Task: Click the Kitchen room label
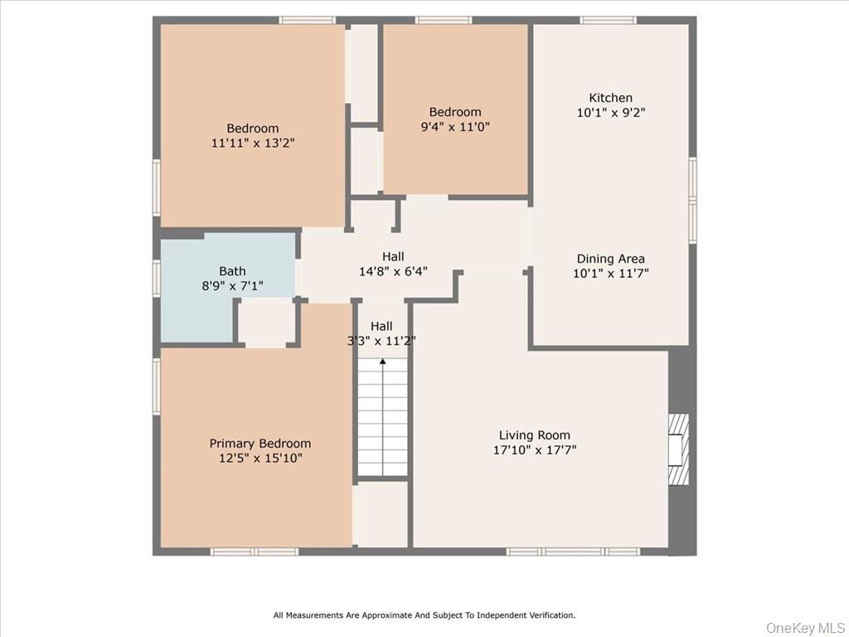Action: pyautogui.click(x=610, y=98)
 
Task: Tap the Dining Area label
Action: pyautogui.click(x=610, y=259)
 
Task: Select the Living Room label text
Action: pyautogui.click(x=534, y=435)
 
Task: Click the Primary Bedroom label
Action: pyautogui.click(x=260, y=444)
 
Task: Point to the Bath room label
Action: pyautogui.click(x=232, y=271)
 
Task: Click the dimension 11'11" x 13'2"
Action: pyautogui.click(x=253, y=143)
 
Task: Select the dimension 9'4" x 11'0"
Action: pyautogui.click(x=454, y=127)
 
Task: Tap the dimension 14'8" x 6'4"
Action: pyautogui.click(x=393, y=271)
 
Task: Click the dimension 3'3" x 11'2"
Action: pyautogui.click(x=381, y=340)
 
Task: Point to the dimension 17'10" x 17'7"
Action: pyautogui.click(x=534, y=450)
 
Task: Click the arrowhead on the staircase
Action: pyautogui.click(x=382, y=362)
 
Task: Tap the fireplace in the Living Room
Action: pyautogui.click(x=678, y=449)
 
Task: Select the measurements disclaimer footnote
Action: pyautogui.click(x=424, y=615)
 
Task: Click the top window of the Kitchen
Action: pyautogui.click(x=608, y=20)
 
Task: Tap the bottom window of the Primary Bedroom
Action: pyautogui.click(x=253, y=552)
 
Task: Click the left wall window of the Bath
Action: pyautogui.click(x=156, y=278)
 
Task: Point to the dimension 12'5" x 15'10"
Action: pyautogui.click(x=260, y=458)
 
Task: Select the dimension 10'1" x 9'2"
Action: pyautogui.click(x=610, y=113)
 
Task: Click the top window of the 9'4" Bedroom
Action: pyautogui.click(x=443, y=20)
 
